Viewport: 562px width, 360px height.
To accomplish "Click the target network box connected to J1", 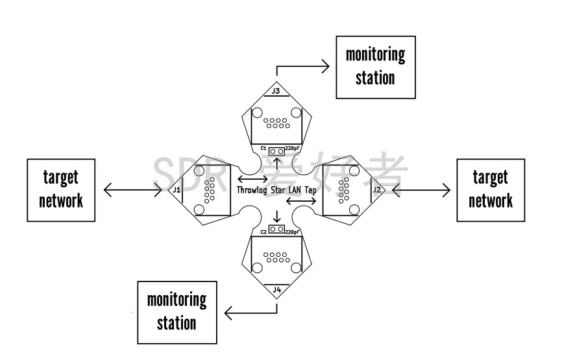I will (x=61, y=189).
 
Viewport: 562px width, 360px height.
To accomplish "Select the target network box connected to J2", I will (x=491, y=189).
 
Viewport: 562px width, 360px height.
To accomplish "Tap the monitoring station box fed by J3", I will (x=375, y=67).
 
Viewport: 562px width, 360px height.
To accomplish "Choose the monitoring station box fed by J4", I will (x=177, y=312).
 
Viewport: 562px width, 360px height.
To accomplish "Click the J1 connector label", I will (x=176, y=189).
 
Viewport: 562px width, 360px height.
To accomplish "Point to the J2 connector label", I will (x=377, y=189).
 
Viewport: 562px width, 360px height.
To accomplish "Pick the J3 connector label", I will (x=276, y=91).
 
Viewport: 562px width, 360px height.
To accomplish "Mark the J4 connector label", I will (x=277, y=289).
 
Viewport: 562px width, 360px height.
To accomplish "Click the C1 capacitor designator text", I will (x=263, y=149).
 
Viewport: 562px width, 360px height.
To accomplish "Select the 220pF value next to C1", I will (x=292, y=149).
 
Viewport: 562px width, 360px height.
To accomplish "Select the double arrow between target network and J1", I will (x=132, y=189).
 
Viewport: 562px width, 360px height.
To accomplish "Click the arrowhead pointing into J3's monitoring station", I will (x=326, y=65).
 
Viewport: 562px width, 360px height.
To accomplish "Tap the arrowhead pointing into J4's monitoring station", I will (x=228, y=313).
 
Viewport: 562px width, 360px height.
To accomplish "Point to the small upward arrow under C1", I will (x=276, y=161).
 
